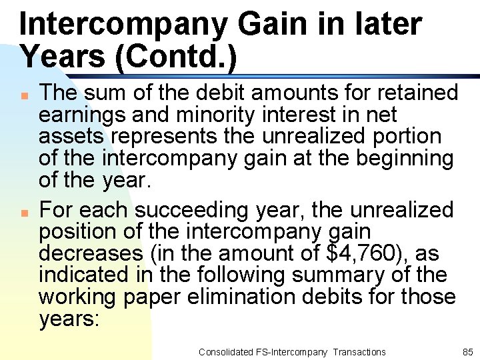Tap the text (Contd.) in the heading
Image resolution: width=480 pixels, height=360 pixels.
pyautogui.click(x=176, y=57)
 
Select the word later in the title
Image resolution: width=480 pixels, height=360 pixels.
pyautogui.click(x=393, y=24)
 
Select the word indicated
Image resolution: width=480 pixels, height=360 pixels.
pyautogui.click(x=83, y=275)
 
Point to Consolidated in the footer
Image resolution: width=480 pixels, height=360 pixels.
pyautogui.click(x=226, y=351)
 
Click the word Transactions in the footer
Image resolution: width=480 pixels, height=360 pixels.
pyautogui.click(x=359, y=351)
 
